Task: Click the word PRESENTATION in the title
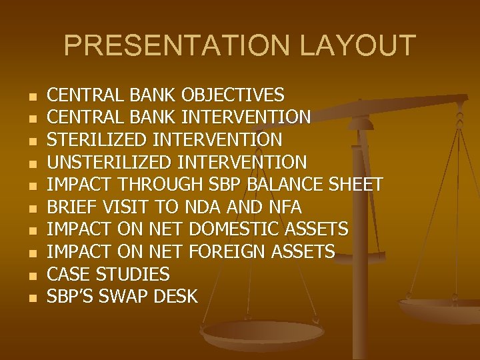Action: pyautogui.click(x=177, y=46)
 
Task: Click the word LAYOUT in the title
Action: pyautogui.click(x=358, y=46)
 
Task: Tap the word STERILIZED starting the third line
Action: pyautogui.click(x=98, y=140)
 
